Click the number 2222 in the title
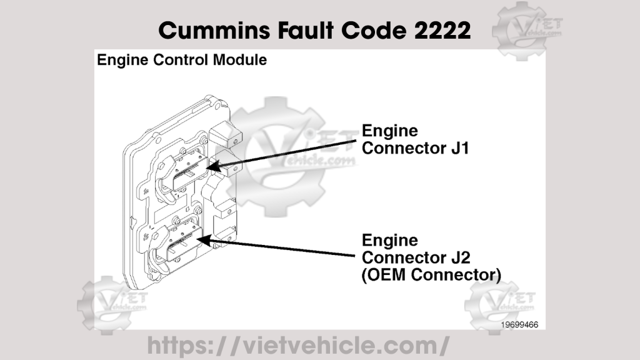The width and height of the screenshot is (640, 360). pyautogui.click(x=441, y=29)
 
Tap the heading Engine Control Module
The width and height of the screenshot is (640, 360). pyautogui.click(x=182, y=60)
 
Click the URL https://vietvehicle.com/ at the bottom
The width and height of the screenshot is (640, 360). pyautogui.click(x=298, y=344)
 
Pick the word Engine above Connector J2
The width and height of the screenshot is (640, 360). pyautogui.click(x=390, y=241)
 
